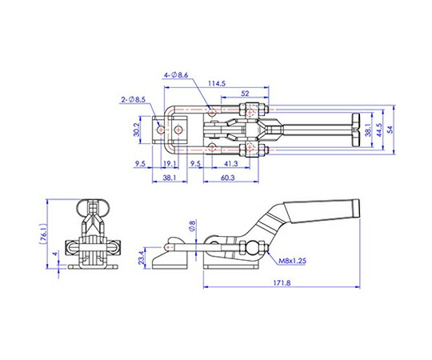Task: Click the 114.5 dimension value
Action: pyautogui.click(x=217, y=83)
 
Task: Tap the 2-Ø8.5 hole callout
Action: pyautogui.click(x=134, y=99)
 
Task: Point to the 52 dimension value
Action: pyautogui.click(x=245, y=94)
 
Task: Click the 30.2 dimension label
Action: pyautogui.click(x=137, y=130)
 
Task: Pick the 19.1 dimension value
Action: pyautogui.click(x=170, y=164)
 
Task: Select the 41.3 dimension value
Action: pyautogui.click(x=231, y=164)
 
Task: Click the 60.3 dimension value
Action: pyautogui.click(x=227, y=178)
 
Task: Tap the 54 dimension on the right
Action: pyautogui.click(x=390, y=130)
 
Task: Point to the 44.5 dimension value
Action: pyautogui.click(x=378, y=130)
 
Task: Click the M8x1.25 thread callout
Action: pyautogui.click(x=292, y=261)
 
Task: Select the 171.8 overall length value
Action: pyautogui.click(x=282, y=282)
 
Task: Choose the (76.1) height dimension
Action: pyautogui.click(x=43, y=234)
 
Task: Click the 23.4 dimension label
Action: pyautogui.click(x=142, y=258)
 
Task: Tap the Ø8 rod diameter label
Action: pyautogui.click(x=192, y=226)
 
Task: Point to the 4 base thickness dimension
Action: pyautogui.click(x=56, y=254)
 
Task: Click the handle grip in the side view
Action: pyautogui.click(x=322, y=211)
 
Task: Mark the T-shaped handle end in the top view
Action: pyautogui.click(x=356, y=130)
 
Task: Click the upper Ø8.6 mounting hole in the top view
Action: pyautogui.click(x=212, y=112)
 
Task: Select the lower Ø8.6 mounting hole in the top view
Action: pyautogui.click(x=211, y=147)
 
